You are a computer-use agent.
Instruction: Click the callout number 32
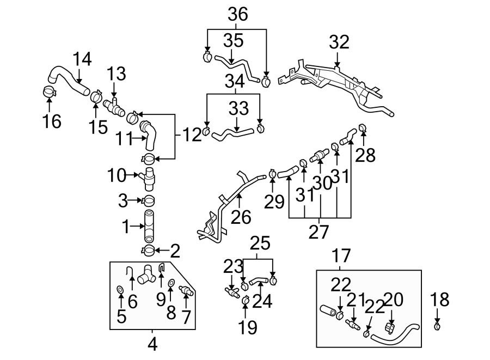tap(339, 41)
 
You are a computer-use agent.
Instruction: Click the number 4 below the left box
tap(152, 344)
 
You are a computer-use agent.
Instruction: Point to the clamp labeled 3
tap(149, 201)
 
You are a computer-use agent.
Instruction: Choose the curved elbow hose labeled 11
tap(149, 136)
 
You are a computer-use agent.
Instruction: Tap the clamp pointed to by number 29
tap(272, 174)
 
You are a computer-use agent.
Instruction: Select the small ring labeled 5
tap(120, 289)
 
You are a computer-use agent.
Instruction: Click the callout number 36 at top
tap(237, 15)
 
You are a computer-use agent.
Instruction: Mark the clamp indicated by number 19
tap(245, 299)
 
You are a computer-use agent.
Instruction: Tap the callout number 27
tap(319, 231)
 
